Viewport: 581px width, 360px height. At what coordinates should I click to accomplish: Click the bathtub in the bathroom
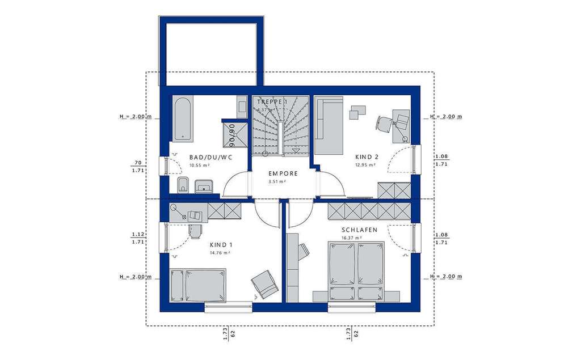(182, 118)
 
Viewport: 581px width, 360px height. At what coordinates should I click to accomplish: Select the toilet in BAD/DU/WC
(183, 184)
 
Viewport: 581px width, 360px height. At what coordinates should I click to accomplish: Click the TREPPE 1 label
(272, 101)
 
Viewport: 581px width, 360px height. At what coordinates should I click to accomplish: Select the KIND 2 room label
(367, 157)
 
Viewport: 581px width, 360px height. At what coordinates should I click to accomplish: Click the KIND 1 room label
(221, 244)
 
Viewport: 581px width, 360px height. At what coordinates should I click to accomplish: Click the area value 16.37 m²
(351, 238)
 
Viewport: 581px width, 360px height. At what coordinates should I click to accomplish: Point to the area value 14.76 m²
(219, 253)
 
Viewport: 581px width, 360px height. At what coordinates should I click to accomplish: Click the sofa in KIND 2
(329, 126)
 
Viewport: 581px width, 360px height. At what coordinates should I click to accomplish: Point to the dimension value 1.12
(136, 234)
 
